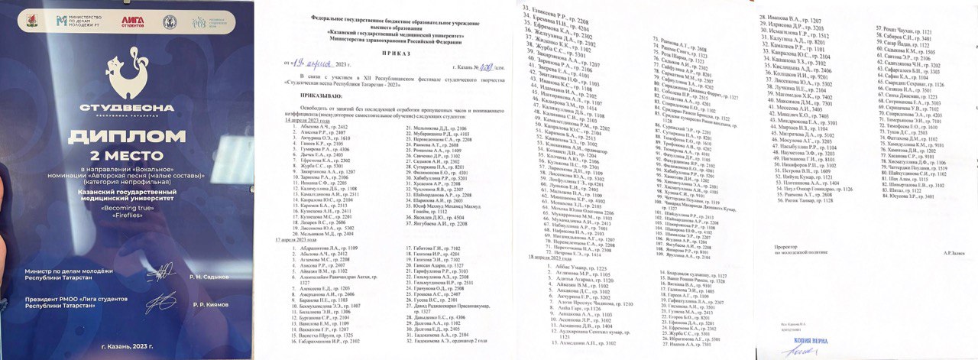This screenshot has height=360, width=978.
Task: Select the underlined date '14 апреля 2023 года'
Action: pyautogui.click(x=308, y=121)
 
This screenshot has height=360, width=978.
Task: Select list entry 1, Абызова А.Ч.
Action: pyautogui.click(x=317, y=127)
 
